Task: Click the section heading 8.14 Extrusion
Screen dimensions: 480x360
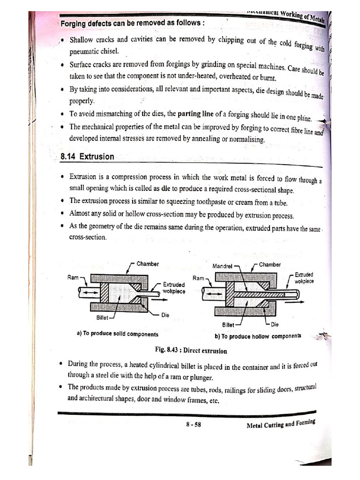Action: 87,157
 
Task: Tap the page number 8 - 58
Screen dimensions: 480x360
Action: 193,425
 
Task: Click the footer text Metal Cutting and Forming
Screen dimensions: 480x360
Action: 280,424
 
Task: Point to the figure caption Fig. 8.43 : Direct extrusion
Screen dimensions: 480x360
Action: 191,351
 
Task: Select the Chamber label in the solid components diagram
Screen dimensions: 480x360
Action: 147,264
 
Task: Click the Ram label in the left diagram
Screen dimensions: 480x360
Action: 73,277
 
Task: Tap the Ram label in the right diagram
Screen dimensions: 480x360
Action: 198,278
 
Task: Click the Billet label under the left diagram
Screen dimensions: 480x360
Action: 102,317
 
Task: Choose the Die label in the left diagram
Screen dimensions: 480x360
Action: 165,315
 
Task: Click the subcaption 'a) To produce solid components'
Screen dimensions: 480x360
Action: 117,334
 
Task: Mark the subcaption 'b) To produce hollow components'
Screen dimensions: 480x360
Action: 258,336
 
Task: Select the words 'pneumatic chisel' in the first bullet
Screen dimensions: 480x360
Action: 94,51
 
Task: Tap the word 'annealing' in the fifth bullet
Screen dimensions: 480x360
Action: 194,139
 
